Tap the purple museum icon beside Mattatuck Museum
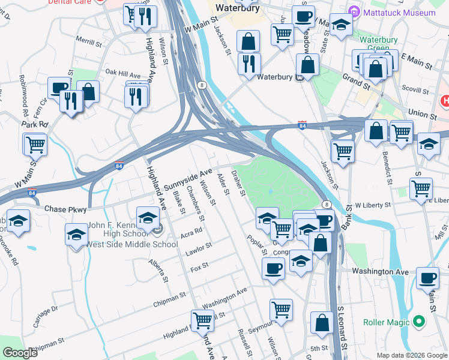[x=355, y=12]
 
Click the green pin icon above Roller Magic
[x=420, y=322]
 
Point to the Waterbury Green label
[x=379, y=44]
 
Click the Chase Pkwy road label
[x=66, y=209]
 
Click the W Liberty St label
[x=373, y=205]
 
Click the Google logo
[x=20, y=353]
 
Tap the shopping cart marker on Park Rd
[x=35, y=144]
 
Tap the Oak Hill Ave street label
[x=122, y=74]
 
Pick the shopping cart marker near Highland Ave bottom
[x=202, y=320]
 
